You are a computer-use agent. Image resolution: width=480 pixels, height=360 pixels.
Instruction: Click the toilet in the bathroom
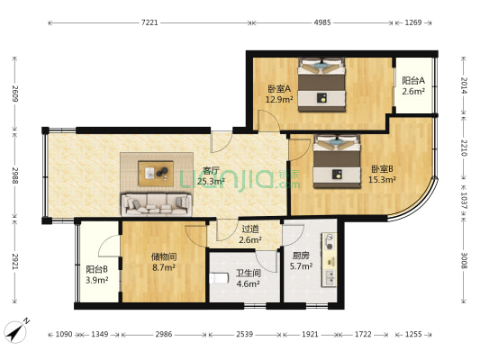(214, 279)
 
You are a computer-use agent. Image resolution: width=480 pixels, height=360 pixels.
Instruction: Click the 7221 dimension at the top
(150, 22)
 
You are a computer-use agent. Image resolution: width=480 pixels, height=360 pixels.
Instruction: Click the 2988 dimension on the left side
(14, 175)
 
